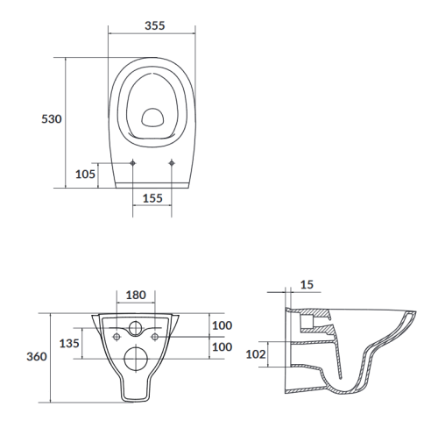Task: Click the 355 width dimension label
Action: tap(155, 25)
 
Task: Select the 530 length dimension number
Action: tap(52, 119)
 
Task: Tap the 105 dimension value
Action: tap(85, 175)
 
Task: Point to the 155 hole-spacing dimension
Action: tap(152, 198)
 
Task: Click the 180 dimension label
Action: tap(136, 296)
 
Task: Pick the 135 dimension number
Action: tap(69, 343)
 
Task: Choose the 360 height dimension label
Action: tap(37, 357)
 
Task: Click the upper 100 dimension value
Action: tap(223, 325)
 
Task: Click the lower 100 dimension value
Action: tap(223, 347)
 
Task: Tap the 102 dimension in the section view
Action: tap(256, 354)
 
